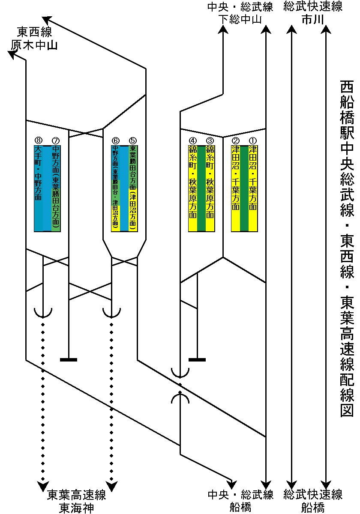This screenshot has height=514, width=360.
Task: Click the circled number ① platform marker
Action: pyautogui.click(x=252, y=140)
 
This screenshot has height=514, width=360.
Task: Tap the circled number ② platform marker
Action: pyautogui.click(x=235, y=140)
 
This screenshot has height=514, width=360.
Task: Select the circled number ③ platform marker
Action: pyautogui.click(x=210, y=140)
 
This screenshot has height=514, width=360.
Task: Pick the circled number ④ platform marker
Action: pyautogui.click(x=193, y=140)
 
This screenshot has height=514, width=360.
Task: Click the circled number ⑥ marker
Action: pyautogui.click(x=115, y=140)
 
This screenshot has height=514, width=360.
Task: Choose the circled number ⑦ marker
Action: pyautogui.click(x=55, y=140)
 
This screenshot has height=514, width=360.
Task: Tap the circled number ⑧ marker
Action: pyautogui.click(x=38, y=140)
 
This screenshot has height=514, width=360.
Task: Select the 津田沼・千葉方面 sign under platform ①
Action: pyautogui.click(x=253, y=178)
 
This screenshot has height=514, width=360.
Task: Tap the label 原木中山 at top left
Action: pyautogui.click(x=34, y=45)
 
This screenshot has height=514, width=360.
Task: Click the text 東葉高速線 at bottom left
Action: pyautogui.click(x=77, y=496)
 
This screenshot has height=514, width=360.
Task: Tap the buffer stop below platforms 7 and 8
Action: pyautogui.click(x=69, y=359)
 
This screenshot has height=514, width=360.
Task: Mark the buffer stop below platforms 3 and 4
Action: pyautogui.click(x=197, y=359)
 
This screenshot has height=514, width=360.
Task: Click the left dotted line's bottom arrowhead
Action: pyautogui.click(x=43, y=486)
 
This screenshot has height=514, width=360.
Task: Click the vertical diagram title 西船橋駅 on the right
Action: pyautogui.click(x=347, y=111)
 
